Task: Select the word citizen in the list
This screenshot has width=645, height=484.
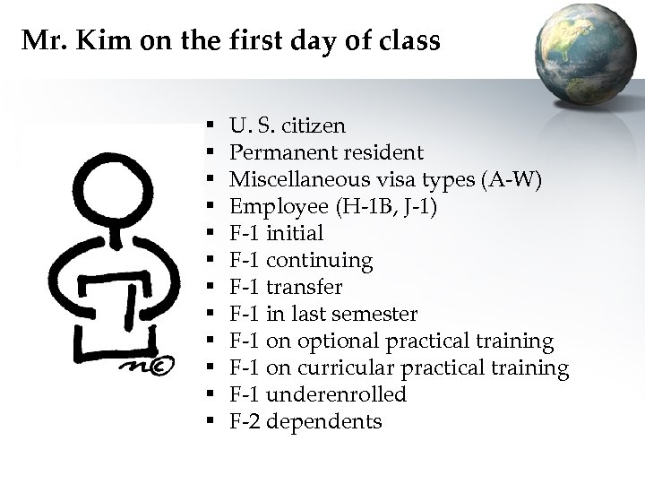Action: (313, 125)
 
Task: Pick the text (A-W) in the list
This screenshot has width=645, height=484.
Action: (512, 179)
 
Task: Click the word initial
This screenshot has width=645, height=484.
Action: (296, 233)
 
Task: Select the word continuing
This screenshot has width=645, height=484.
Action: (321, 260)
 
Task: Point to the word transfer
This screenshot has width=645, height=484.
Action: (305, 287)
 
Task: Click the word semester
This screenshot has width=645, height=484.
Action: (374, 314)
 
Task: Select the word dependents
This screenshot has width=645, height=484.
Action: (324, 421)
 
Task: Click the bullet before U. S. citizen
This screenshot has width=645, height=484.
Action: (208, 126)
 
